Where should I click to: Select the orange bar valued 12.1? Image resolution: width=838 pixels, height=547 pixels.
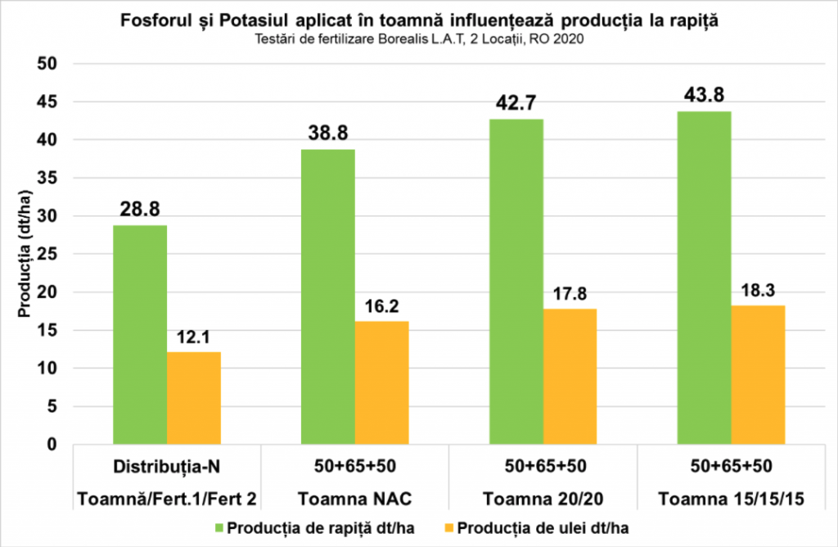(x=194, y=398)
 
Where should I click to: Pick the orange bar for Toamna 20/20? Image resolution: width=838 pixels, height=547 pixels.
(x=570, y=377)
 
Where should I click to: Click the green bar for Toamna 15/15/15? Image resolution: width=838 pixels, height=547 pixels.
(x=704, y=278)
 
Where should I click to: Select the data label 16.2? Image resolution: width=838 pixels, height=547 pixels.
(x=382, y=307)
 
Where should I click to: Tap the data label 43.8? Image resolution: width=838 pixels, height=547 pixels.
(x=705, y=97)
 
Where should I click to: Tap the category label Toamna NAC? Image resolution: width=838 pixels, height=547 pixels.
(x=354, y=499)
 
